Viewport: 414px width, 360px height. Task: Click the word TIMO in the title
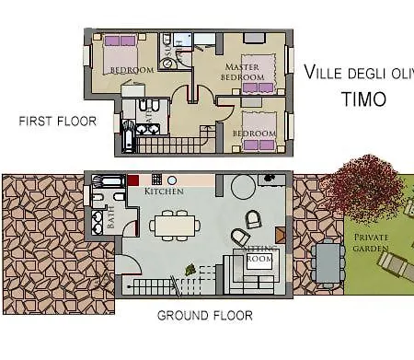point(364,99)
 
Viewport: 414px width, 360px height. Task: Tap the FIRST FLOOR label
point(57,121)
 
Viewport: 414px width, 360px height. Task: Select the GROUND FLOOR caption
point(204,316)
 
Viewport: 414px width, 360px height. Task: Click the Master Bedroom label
point(247,73)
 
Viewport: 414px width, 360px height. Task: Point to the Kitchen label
point(163,191)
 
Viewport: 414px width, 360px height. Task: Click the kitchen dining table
point(173,224)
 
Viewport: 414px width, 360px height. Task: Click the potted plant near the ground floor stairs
point(190,270)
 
